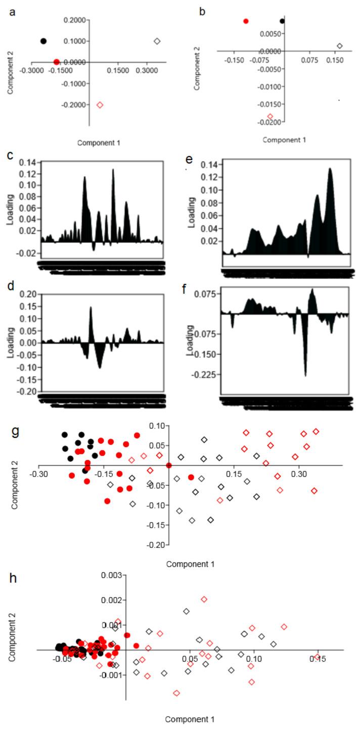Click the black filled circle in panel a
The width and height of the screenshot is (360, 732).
click(43, 41)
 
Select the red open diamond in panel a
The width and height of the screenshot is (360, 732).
click(100, 105)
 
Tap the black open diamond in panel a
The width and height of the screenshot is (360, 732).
click(157, 41)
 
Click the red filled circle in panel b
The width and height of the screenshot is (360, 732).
click(246, 21)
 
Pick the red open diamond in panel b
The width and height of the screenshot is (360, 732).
click(270, 116)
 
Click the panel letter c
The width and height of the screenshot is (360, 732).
click(10, 154)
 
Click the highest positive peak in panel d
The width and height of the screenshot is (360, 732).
click(91, 308)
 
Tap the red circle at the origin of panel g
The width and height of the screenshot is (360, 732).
click(169, 465)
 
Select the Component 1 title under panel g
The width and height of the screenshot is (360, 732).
click(190, 564)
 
